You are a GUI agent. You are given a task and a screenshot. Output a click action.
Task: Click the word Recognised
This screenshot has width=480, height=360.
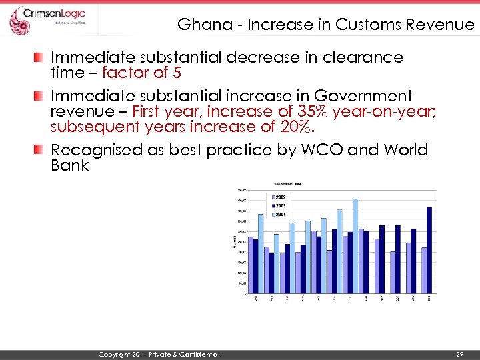tap(97, 150)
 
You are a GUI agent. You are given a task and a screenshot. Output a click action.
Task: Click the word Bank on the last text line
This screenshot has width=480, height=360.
tap(70, 165)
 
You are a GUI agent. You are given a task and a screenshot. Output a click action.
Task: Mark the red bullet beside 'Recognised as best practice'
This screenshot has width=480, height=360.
tap(41, 148)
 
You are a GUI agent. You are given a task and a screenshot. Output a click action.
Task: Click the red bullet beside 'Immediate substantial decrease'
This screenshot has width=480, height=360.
tap(41, 55)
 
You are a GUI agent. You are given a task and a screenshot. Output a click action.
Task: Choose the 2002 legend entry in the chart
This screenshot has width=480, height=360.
tap(279, 198)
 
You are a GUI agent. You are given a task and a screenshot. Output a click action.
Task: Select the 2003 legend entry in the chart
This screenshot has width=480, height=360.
tap(279, 206)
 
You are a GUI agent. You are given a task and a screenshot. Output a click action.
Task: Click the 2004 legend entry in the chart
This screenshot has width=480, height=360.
tap(279, 214)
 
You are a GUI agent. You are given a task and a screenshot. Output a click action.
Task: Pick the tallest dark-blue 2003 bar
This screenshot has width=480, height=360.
tap(429, 250)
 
